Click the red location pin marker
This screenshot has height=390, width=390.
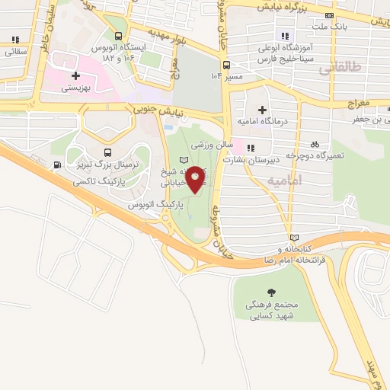(x=197, y=179)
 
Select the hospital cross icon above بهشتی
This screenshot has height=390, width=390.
(x=76, y=76)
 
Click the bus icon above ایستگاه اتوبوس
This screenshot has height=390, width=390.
(x=117, y=35)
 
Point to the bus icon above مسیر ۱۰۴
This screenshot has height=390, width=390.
(x=226, y=65)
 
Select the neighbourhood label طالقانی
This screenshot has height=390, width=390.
(x=336, y=69)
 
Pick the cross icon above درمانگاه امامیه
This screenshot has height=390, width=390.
(x=262, y=110)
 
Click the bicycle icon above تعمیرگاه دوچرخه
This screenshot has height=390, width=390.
(x=315, y=144)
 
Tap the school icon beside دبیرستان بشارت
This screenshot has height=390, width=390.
(x=251, y=148)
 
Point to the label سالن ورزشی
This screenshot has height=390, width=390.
(x=210, y=144)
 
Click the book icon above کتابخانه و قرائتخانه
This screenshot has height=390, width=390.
(x=294, y=237)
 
